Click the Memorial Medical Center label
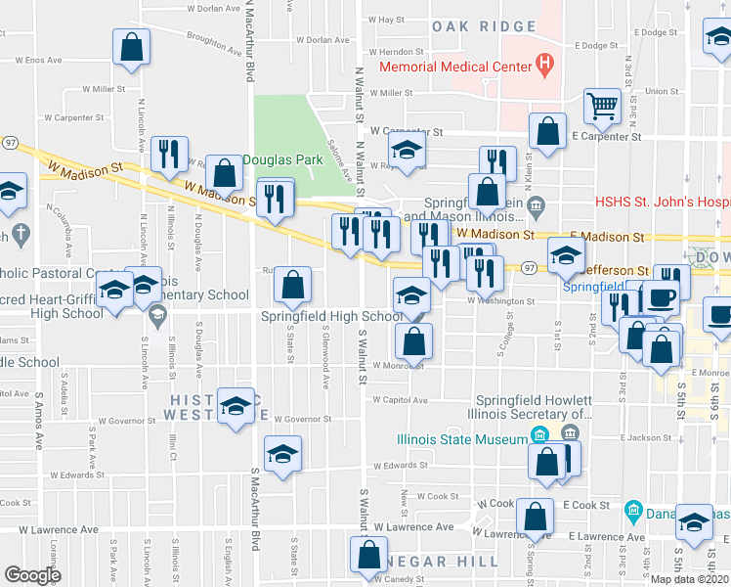click(454, 68)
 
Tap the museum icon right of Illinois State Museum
click(538, 435)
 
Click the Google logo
click(32, 574)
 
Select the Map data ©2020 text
click(690, 579)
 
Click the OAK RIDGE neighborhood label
click(484, 26)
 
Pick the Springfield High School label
click(331, 316)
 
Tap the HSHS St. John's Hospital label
click(663, 203)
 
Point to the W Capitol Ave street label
click(399, 400)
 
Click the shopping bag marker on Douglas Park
click(225, 173)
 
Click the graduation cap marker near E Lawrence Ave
click(695, 521)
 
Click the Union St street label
click(662, 91)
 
